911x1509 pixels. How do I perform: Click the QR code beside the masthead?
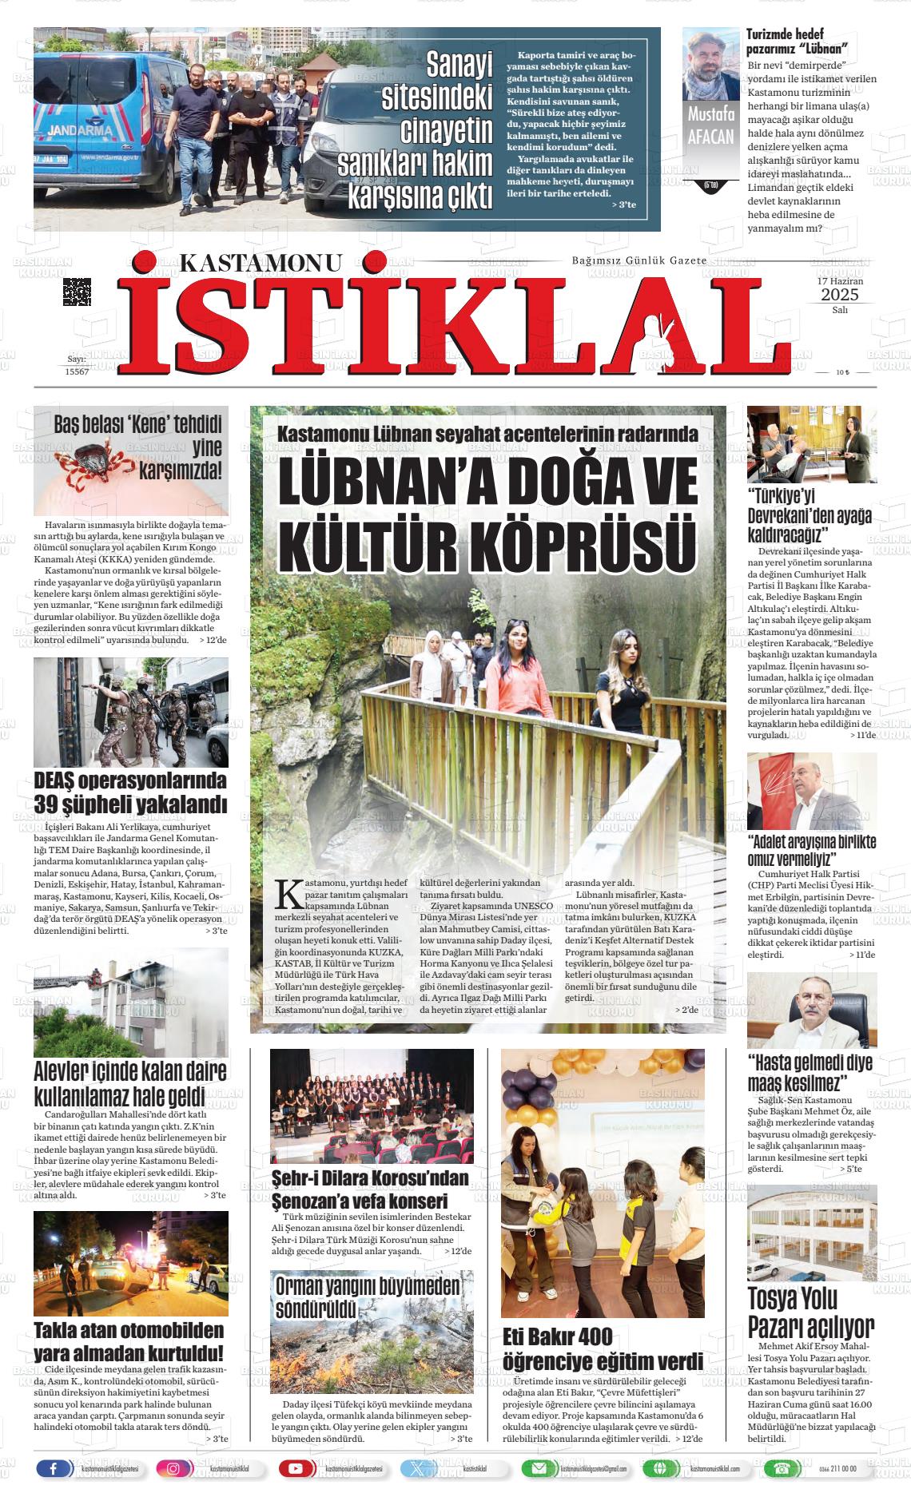click(77, 292)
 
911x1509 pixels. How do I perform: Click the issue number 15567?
click(77, 372)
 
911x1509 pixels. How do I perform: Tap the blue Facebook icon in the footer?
click(54, 1468)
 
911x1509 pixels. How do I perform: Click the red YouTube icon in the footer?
click(296, 1468)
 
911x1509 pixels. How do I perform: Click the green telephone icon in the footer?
click(778, 1468)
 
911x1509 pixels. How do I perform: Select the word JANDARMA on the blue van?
click(79, 129)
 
